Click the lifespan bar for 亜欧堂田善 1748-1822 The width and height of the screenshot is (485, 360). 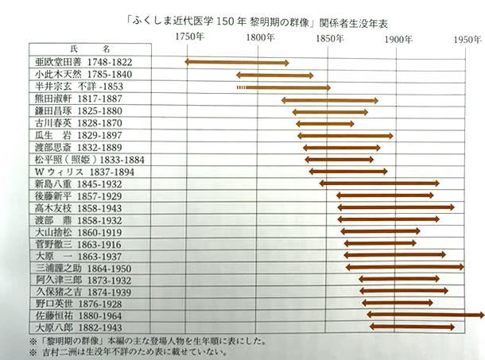[x=237, y=62]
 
